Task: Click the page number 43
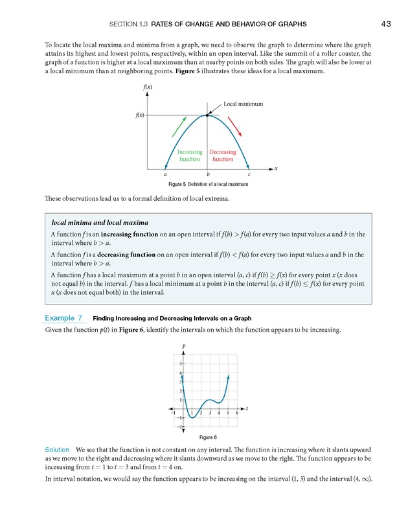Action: pos(386,24)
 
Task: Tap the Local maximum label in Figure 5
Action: pos(243,104)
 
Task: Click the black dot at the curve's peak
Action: pos(207,115)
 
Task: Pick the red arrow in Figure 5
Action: pos(235,126)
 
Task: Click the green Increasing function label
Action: pos(190,155)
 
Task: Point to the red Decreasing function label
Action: pos(222,155)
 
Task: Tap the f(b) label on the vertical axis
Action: pos(140,115)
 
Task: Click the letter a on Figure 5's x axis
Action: pos(165,174)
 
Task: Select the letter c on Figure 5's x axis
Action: pos(249,174)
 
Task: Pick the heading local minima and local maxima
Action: pos(100,222)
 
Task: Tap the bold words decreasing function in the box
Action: pos(124,255)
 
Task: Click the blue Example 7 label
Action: pos(63,318)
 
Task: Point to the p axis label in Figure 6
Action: pos(184,347)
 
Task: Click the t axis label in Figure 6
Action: pos(247,408)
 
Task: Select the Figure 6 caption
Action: pos(208,437)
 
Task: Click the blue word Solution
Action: pos(57,449)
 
